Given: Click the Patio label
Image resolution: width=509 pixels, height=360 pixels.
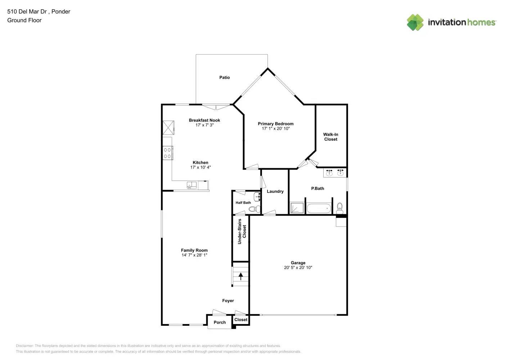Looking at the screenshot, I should (x=225, y=77).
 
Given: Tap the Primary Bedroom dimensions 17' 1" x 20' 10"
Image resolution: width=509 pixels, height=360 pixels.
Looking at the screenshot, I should (x=276, y=129).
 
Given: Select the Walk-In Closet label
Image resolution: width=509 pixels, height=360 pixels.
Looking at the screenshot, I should (x=330, y=137).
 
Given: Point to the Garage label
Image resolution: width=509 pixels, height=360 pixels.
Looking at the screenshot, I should (x=298, y=263).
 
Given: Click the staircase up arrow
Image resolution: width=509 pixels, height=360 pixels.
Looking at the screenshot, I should (x=241, y=276).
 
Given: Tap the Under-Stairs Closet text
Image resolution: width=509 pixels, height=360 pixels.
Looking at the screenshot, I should (x=242, y=231).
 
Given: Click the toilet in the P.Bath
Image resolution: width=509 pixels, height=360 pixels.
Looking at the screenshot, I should (x=339, y=207).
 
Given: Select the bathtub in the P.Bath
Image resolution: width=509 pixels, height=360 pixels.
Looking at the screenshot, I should (x=318, y=208).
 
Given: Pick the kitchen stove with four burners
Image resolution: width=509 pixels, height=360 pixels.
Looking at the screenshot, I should (x=167, y=153).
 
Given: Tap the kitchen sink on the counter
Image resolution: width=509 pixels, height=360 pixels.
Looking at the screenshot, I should (x=192, y=185).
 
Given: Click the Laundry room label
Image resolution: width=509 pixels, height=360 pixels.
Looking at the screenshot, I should (x=275, y=192).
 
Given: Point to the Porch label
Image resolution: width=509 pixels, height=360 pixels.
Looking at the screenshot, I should (x=220, y=323).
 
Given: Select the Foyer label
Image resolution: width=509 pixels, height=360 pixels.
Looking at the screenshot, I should (x=228, y=301).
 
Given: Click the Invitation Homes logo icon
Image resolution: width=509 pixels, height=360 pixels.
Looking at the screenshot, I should (x=415, y=22).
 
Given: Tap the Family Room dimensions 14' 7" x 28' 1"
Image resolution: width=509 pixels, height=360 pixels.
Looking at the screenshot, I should (x=194, y=255).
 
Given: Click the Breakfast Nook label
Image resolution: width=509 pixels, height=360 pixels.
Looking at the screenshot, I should (x=204, y=120).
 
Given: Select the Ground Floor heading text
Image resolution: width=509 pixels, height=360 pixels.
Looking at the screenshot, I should (x=24, y=21).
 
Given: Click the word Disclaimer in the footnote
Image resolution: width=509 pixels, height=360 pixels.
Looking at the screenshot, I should (x=24, y=346).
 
